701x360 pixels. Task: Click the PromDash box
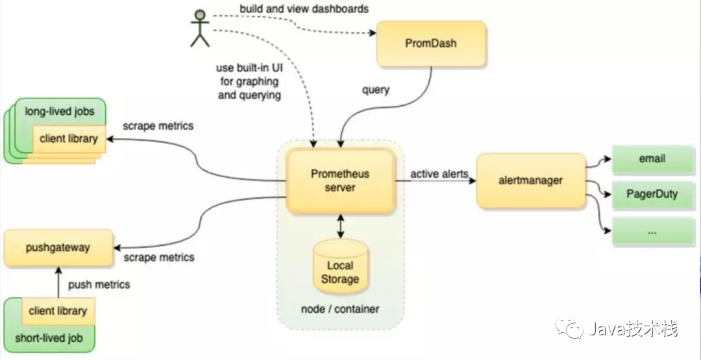tap(431, 44)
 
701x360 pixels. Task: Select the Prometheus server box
tap(341, 181)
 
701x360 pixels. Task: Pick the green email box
tap(651, 159)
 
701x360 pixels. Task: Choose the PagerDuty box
tap(651, 194)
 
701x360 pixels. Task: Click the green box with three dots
tap(651, 230)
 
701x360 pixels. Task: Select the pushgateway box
tap(58, 248)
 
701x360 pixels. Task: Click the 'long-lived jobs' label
tap(59, 112)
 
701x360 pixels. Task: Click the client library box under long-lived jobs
tap(69, 139)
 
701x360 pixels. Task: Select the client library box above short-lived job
tap(58, 311)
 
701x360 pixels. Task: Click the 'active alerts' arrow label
tap(439, 174)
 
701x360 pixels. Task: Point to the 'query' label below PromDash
tap(375, 90)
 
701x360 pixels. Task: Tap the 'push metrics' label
tap(99, 284)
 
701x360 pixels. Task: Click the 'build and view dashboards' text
tap(304, 8)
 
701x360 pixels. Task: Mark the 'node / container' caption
tap(339, 309)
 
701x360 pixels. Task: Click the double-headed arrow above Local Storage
tap(340, 227)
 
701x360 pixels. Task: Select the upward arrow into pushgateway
tap(58, 282)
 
